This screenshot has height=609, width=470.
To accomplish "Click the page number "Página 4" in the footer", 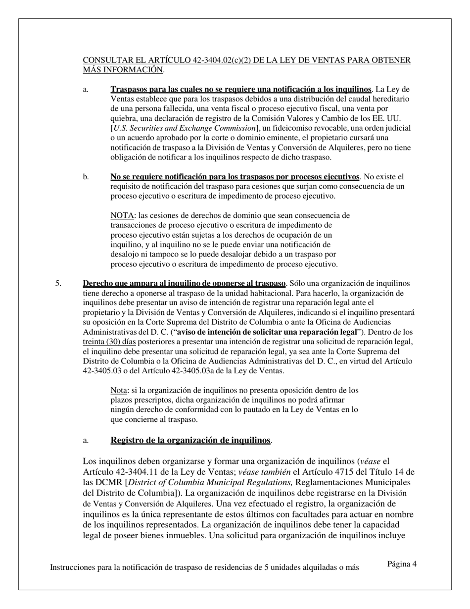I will point(402,563).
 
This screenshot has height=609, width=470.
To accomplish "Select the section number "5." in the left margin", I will point(58,284).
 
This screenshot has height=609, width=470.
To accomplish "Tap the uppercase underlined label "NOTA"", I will point(122,216).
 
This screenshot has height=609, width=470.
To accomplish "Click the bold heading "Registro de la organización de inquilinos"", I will point(190,441).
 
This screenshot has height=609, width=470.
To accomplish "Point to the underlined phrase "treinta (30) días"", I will point(109,342).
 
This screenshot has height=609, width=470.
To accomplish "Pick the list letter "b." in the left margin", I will point(86,177).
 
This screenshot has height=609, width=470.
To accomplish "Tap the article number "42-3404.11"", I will point(136,472).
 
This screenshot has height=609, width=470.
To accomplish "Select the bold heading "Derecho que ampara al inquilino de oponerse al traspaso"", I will point(184,284).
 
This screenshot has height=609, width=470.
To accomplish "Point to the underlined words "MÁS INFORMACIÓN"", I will point(123,70).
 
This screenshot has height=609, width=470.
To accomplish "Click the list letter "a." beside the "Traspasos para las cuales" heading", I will point(86,90).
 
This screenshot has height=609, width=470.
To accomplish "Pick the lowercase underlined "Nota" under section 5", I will point(119,390).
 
